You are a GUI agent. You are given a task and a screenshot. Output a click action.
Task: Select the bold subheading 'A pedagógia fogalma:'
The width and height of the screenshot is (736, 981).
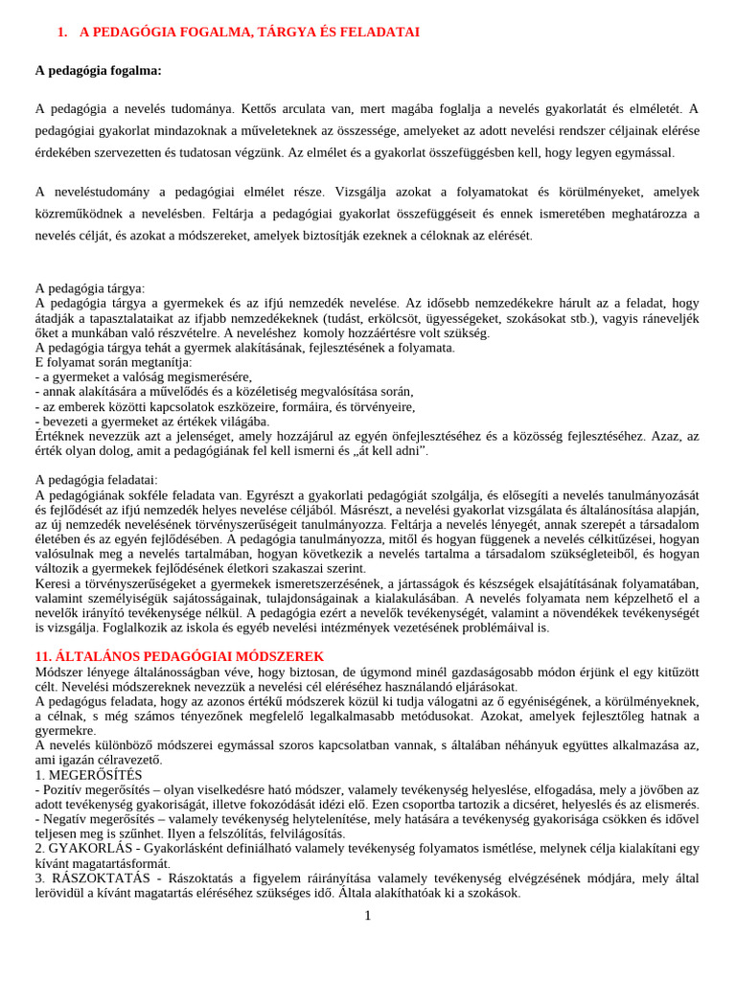(x=99, y=70)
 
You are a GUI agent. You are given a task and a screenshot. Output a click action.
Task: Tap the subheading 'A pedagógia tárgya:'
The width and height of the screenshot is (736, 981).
(x=90, y=287)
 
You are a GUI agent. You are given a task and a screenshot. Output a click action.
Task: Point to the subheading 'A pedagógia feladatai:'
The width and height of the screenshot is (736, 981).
(x=97, y=479)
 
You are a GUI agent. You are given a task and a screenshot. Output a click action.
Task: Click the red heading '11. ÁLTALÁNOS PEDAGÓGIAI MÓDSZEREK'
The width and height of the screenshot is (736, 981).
(x=179, y=656)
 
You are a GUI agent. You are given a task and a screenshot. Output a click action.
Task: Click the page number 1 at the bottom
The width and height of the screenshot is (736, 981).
(x=367, y=915)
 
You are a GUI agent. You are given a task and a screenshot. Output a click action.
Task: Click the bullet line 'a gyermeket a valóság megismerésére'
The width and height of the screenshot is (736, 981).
(x=144, y=376)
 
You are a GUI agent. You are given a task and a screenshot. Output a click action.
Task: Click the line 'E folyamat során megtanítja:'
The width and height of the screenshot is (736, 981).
(x=113, y=362)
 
